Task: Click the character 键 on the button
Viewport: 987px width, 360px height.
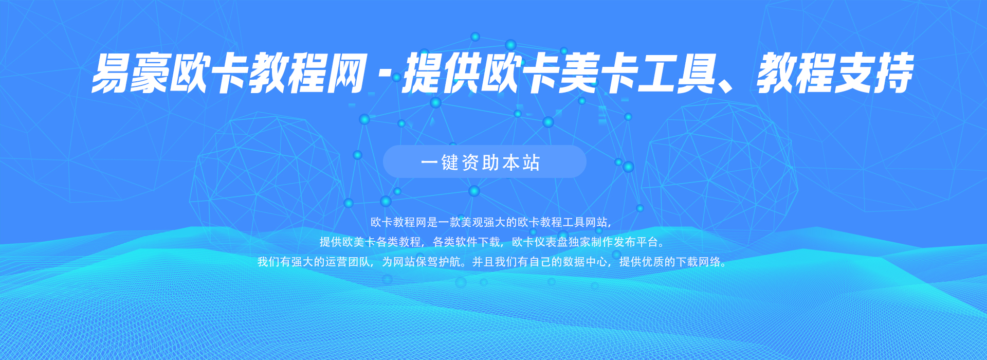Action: (450, 163)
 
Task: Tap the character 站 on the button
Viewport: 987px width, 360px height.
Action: (532, 163)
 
